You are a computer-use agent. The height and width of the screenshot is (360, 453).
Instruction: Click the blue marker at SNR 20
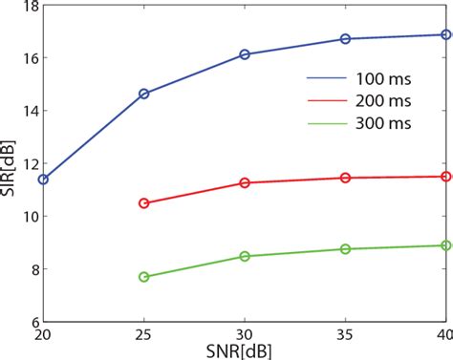43,179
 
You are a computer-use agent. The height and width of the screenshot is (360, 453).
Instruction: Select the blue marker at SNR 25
144,94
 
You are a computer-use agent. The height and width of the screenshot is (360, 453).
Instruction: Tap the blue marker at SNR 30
245,54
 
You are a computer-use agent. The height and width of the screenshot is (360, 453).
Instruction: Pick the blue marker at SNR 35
345,39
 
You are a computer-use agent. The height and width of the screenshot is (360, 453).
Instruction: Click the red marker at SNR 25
144,203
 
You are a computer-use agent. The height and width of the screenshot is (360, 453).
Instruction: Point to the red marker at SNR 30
245,182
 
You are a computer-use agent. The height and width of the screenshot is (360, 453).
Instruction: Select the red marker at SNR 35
345,178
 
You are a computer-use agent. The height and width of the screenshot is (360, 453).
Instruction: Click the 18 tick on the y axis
27,7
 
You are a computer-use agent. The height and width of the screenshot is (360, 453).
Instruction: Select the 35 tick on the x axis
345,335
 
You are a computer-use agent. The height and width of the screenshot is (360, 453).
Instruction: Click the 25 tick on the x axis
144,335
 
